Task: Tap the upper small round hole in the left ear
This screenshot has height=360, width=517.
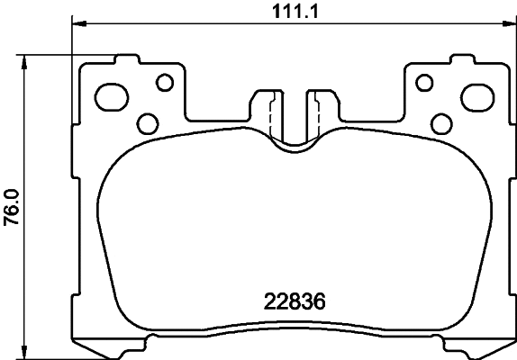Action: [x=164, y=83]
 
